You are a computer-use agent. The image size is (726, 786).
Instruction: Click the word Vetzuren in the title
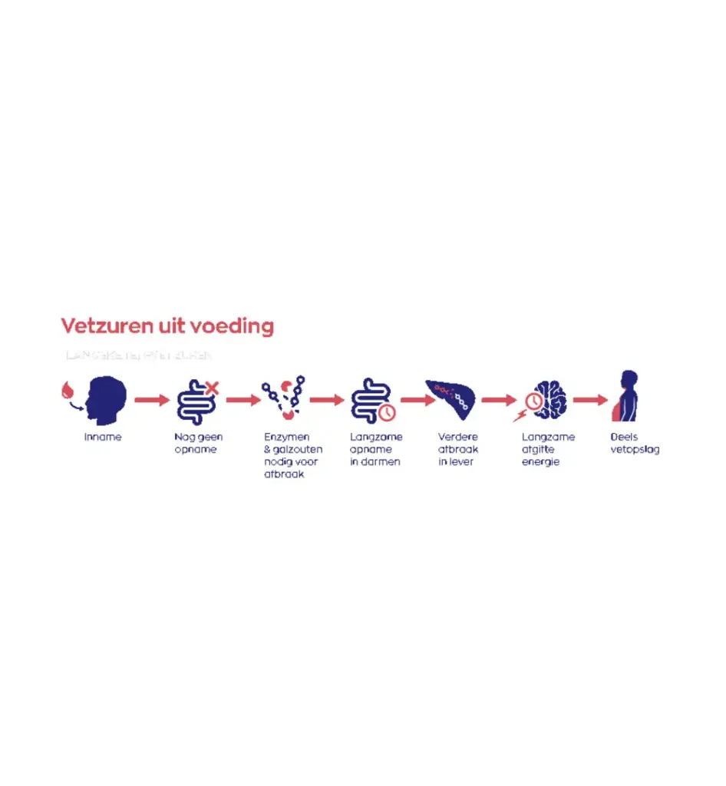click(x=98, y=326)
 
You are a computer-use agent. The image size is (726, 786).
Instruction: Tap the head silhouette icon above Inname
click(x=106, y=397)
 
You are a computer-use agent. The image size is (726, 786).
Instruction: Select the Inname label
click(x=103, y=438)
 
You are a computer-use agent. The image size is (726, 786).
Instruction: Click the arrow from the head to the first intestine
click(x=151, y=400)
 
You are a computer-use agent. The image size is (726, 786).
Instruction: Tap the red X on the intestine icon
click(x=212, y=388)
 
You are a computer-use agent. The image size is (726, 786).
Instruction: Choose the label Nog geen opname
click(x=198, y=444)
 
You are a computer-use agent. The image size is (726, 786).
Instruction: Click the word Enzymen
click(x=286, y=438)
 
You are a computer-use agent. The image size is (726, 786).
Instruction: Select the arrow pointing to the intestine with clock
click(x=327, y=400)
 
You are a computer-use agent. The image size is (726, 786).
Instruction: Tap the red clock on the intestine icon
click(x=388, y=413)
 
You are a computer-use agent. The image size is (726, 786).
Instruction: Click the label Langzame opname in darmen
click(x=376, y=450)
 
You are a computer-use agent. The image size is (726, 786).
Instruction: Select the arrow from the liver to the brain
click(x=499, y=400)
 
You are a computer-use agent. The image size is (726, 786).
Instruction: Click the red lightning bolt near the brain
click(x=520, y=416)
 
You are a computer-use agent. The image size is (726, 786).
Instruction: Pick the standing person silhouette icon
click(x=626, y=396)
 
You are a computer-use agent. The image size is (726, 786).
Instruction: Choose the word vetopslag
click(x=635, y=450)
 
